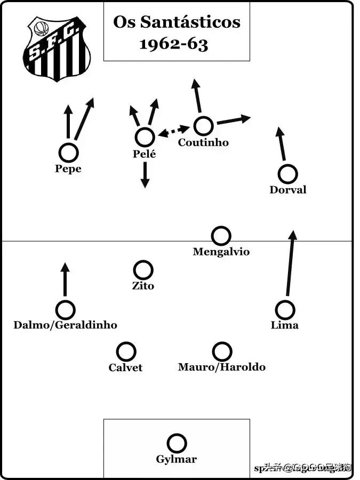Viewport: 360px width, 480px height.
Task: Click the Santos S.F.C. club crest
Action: click(56, 49)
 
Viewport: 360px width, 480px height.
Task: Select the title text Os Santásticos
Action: click(177, 22)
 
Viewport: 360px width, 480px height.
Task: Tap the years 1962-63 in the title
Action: click(173, 44)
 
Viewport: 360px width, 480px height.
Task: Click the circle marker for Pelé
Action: click(145, 137)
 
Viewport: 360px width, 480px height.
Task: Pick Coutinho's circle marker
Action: click(203, 126)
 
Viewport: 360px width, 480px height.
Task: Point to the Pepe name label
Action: click(68, 169)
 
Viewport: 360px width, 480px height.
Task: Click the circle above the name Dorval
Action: click(287, 174)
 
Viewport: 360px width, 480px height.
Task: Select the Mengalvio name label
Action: click(221, 252)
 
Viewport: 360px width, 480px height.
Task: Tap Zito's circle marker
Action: click(143, 270)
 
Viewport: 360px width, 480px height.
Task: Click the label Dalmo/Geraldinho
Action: click(65, 325)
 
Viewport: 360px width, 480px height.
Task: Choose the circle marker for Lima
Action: click(285, 309)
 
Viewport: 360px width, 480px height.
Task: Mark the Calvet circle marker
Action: click(126, 351)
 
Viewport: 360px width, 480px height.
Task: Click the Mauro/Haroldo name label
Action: click(221, 367)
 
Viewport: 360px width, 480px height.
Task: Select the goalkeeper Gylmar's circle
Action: click(177, 443)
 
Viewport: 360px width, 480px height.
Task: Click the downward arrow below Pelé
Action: click(145, 175)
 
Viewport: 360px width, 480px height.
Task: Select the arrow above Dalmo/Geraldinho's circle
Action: click(65, 279)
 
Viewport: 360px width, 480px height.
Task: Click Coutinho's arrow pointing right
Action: click(233, 120)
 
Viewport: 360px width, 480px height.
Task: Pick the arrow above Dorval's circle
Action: click(281, 143)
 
